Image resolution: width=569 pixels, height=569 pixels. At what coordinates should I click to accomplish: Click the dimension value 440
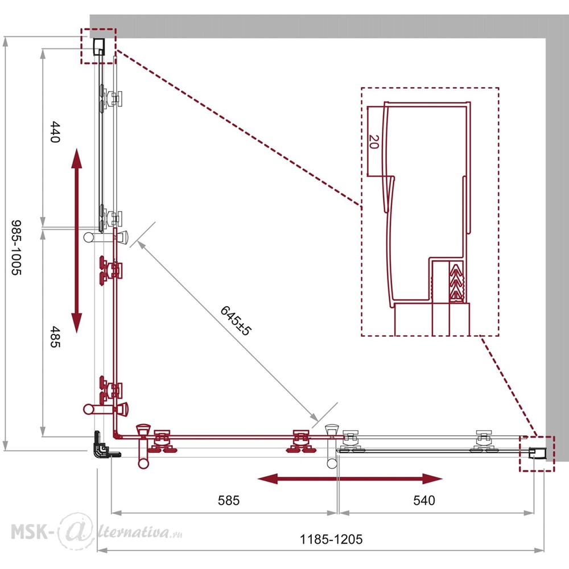click(x=55, y=132)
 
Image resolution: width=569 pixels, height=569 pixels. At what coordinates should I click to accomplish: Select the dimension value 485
click(x=55, y=337)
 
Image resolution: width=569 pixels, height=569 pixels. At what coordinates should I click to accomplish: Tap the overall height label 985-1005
click(x=17, y=248)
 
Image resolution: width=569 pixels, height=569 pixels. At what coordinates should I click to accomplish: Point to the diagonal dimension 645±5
click(x=236, y=321)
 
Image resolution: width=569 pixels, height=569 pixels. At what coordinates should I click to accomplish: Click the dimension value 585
click(x=229, y=500)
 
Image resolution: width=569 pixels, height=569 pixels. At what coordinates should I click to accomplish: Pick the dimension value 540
click(x=424, y=500)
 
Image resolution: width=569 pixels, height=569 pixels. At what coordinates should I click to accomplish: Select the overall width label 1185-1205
click(x=331, y=539)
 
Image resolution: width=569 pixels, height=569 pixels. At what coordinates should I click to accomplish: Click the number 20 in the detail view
click(x=374, y=142)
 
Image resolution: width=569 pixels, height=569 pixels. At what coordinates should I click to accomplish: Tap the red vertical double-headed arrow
click(x=77, y=240)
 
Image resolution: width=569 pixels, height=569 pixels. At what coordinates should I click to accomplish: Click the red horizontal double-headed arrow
click(x=350, y=479)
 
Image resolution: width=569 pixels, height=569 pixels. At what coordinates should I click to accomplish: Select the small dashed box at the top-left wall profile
click(x=98, y=46)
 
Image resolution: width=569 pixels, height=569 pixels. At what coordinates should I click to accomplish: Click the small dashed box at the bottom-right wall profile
click(x=537, y=453)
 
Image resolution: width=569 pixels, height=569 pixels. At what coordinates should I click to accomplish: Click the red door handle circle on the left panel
click(x=89, y=409)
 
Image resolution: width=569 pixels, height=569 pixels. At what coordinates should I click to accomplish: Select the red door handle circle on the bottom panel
click(x=143, y=463)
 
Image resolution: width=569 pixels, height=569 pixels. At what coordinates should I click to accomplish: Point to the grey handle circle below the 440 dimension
click(x=89, y=237)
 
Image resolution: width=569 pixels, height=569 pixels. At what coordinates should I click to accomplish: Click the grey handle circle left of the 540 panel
click(x=332, y=463)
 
